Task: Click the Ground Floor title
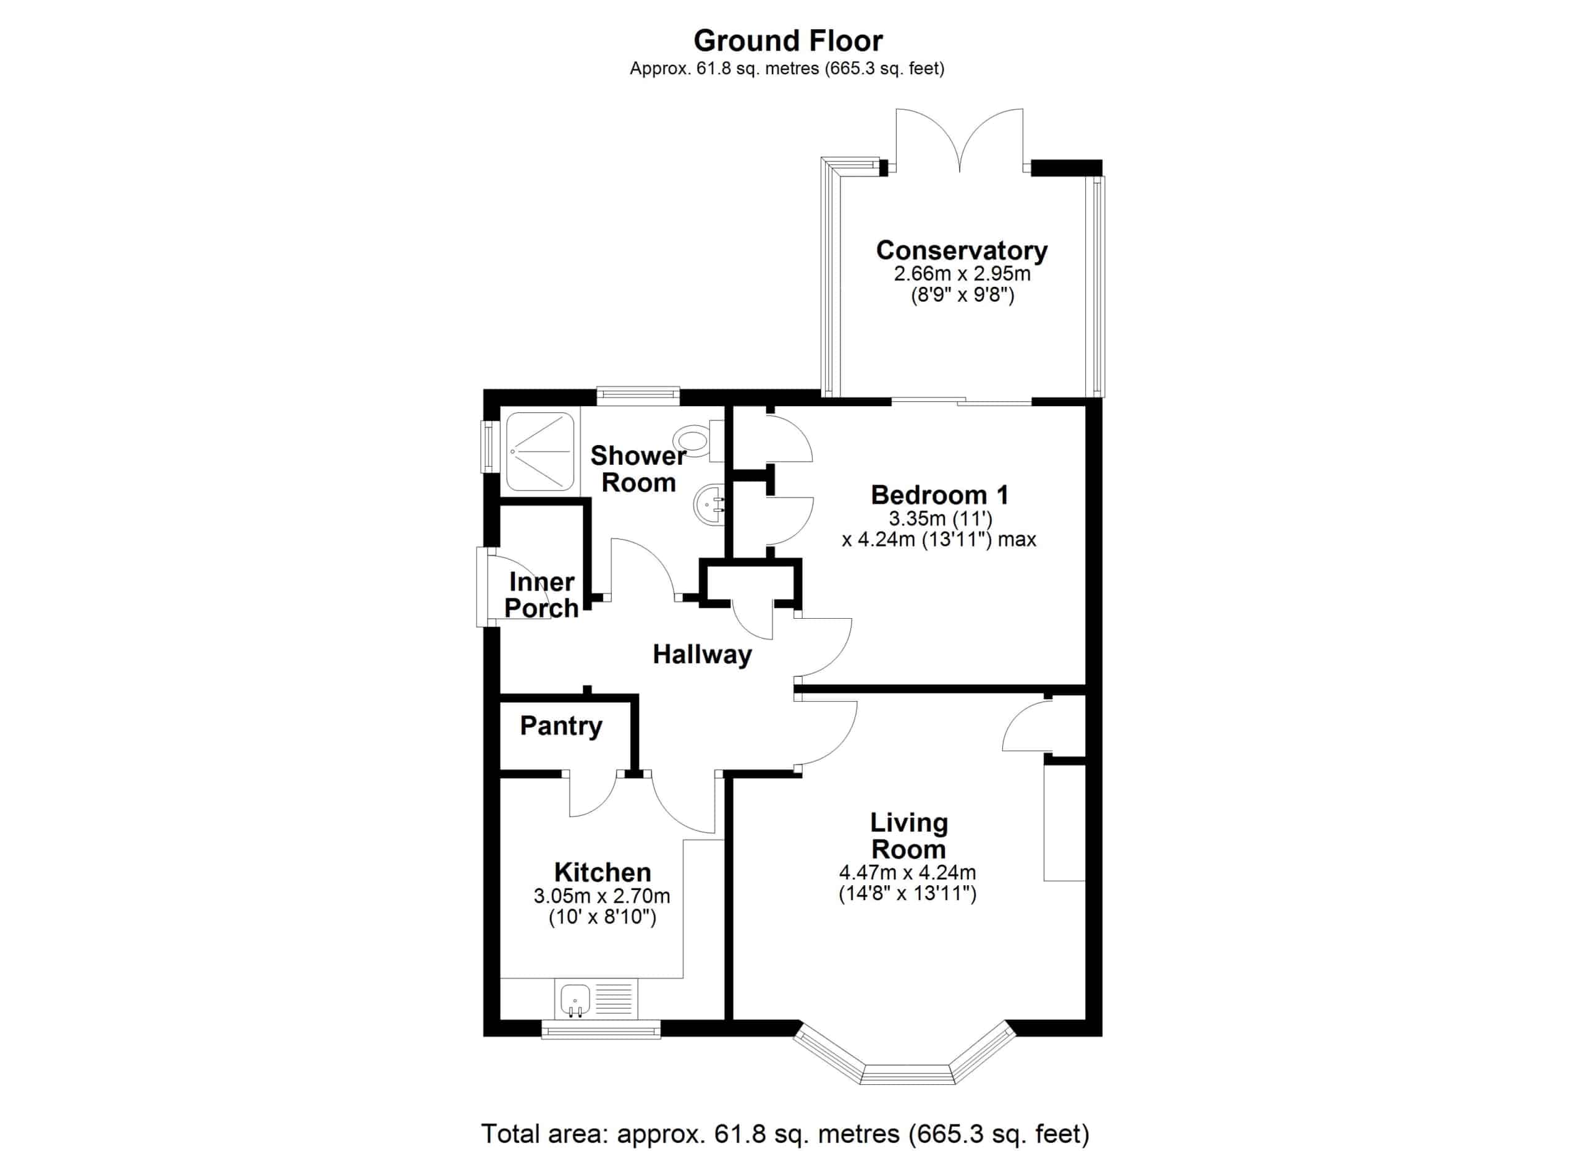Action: tap(787, 41)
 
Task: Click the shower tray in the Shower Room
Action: tap(541, 451)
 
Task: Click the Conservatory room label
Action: tap(962, 250)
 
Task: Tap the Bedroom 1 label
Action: tap(939, 495)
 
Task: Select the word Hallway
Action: tap(702, 655)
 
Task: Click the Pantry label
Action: tap(561, 726)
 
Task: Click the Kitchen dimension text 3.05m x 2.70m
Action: tap(602, 896)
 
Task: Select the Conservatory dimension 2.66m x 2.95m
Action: tap(962, 273)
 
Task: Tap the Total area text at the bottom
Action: tap(785, 1134)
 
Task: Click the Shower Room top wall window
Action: tap(638, 396)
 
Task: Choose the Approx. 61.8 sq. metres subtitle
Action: tap(787, 69)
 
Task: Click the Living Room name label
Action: tap(909, 836)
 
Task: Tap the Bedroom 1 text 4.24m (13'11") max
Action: tap(939, 539)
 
